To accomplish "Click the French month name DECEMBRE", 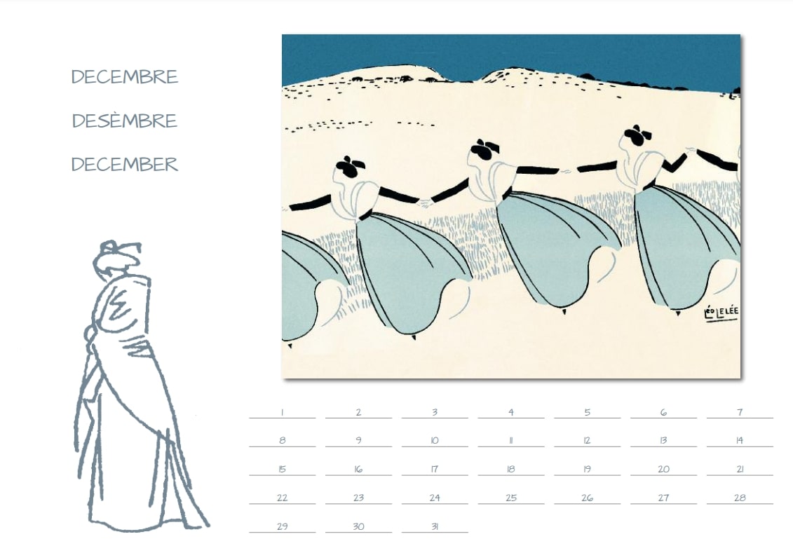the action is [124, 77].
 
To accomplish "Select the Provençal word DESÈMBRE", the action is [124, 121].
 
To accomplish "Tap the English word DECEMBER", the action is [124, 164].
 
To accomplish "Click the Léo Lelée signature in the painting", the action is [721, 313].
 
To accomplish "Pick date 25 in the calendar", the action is [511, 498].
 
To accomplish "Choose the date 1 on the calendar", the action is [282, 412].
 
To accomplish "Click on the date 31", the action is [435, 526].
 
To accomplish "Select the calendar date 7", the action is [740, 412].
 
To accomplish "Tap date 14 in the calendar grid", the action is [740, 441].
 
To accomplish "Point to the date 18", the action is [511, 470].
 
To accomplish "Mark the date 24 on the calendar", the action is [435, 498].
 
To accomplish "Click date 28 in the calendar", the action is [740, 498].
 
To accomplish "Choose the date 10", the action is [435, 441].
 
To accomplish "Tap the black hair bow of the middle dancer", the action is [484, 148].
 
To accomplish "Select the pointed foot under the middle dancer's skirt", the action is [564, 311].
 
